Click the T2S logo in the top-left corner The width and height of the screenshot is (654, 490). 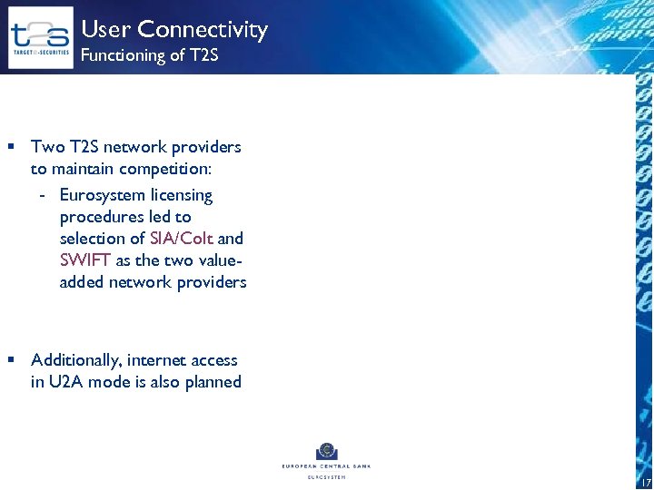click(x=40, y=37)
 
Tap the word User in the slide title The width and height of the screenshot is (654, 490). click(x=106, y=30)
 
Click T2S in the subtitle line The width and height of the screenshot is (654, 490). click(x=203, y=56)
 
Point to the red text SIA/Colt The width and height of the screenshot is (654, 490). click(x=182, y=239)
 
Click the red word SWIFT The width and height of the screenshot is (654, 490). click(x=84, y=260)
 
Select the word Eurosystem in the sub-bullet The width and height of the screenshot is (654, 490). click(x=102, y=195)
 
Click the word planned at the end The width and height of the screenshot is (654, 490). click(x=213, y=383)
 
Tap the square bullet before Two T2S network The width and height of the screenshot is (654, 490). click(x=12, y=147)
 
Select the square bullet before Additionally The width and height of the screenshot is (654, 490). click(x=12, y=360)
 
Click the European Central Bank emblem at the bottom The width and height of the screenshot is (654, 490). click(x=326, y=451)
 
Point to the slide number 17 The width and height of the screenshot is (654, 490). click(x=645, y=481)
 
